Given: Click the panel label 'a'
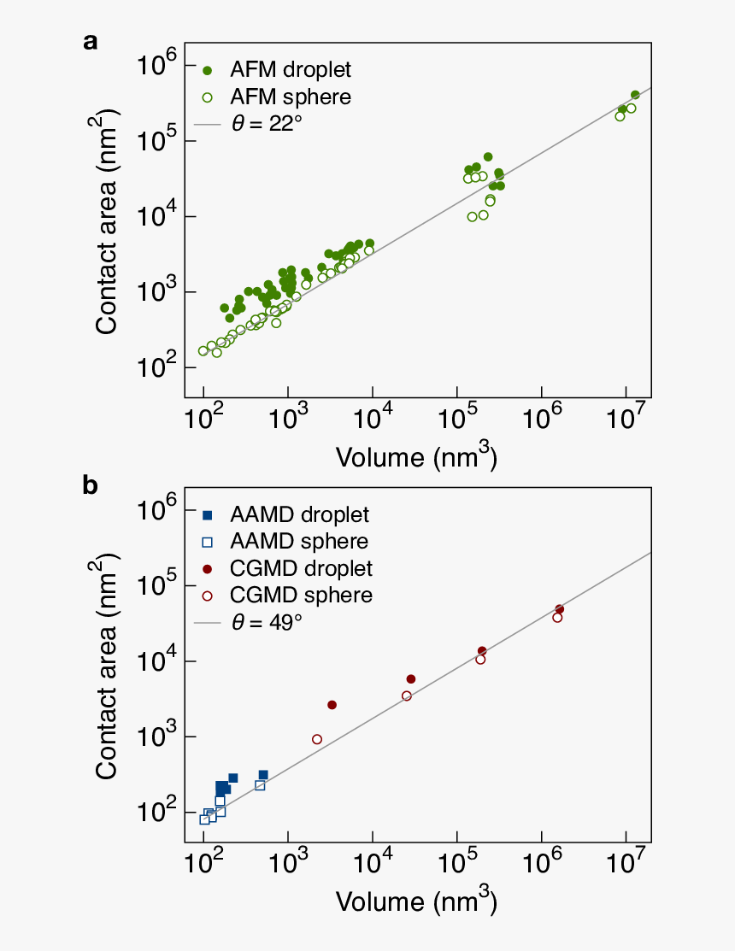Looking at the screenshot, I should (90, 42).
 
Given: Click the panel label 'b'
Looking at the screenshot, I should (91, 485).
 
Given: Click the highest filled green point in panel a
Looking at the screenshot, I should (635, 95).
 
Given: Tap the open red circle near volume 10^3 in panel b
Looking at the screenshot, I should (317, 739).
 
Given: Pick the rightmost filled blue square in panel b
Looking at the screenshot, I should (263, 775).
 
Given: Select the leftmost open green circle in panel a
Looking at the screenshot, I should (203, 351).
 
